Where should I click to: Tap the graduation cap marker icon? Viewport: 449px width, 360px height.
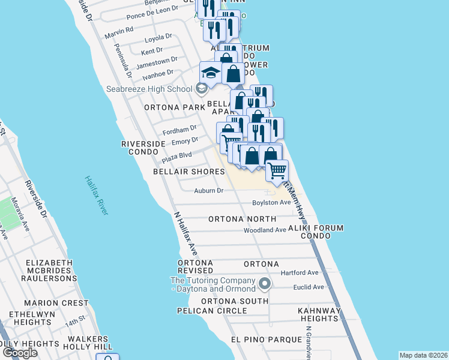pyautogui.click(x=210, y=73)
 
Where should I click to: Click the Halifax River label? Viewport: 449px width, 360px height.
pyautogui.click(x=96, y=195)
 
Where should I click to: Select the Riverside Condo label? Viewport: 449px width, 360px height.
pyautogui.click(x=143, y=148)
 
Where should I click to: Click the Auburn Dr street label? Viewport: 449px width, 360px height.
pyautogui.click(x=208, y=191)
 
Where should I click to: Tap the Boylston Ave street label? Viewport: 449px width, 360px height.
pyautogui.click(x=271, y=203)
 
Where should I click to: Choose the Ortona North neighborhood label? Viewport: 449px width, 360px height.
pyautogui.click(x=242, y=219)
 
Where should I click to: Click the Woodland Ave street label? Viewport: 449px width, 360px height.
pyautogui.click(x=265, y=230)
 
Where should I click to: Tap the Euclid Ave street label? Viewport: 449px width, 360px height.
pyautogui.click(x=309, y=287)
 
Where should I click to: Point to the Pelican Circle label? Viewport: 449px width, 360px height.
pyautogui.click(x=212, y=311)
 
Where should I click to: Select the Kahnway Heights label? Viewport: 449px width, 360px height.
pyautogui.click(x=311, y=314)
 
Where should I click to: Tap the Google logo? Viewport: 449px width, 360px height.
pyautogui.click(x=20, y=353)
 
